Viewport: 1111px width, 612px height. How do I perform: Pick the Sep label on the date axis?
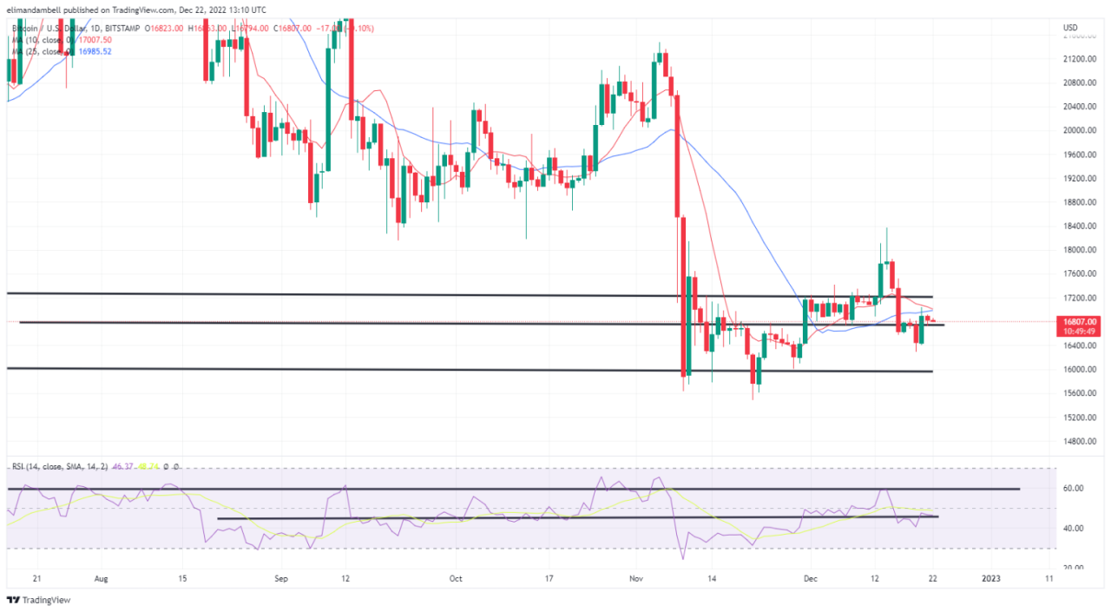[280, 576]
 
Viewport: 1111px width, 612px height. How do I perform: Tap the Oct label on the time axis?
[457, 576]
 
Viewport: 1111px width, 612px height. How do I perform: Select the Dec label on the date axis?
[808, 576]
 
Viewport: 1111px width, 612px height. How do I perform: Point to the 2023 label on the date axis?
[991, 576]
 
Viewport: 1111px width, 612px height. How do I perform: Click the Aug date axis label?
[101, 576]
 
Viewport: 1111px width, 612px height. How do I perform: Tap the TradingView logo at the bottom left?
[39, 600]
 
